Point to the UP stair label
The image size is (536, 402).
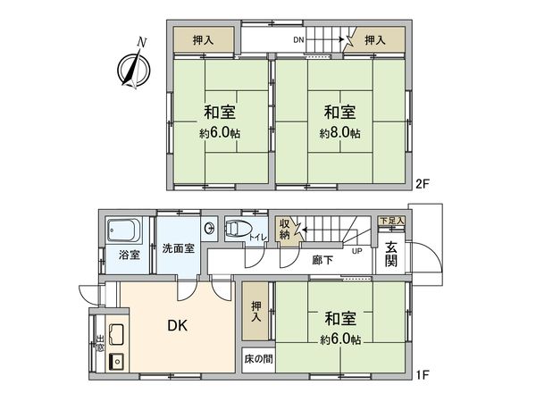click(x=356, y=250)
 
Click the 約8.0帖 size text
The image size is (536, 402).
click(x=340, y=133)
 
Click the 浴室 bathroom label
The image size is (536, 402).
click(x=129, y=255)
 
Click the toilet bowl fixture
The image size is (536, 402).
click(x=236, y=228)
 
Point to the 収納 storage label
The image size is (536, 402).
click(x=285, y=230)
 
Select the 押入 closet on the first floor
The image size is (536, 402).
click(x=255, y=310)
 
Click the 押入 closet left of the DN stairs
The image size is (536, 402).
click(x=205, y=40)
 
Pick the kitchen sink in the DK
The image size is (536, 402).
click(x=115, y=362)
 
